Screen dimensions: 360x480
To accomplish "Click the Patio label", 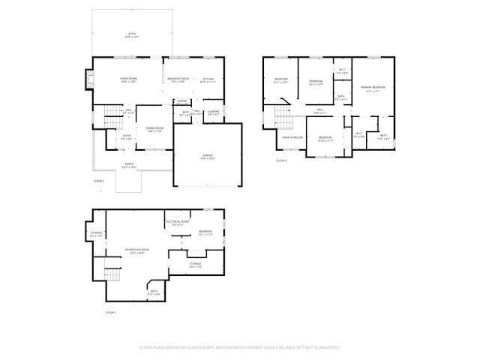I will tap(132, 35).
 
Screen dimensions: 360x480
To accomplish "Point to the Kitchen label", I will tap(208, 80).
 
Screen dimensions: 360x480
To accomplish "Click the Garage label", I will tap(207, 157).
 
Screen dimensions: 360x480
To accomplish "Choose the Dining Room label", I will tap(154, 130).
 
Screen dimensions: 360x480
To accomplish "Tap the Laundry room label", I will tap(213, 112).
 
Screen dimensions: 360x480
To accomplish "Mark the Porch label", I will tap(130, 166).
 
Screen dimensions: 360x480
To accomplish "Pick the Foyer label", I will tap(127, 137).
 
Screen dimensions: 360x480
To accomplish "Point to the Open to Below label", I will tap(292, 138).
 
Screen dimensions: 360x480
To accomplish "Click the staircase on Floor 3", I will tap(281, 117).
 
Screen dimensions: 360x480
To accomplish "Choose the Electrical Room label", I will tap(176, 223).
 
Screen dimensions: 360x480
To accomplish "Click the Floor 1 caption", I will tap(110, 312).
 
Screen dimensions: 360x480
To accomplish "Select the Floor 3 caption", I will tap(281, 160).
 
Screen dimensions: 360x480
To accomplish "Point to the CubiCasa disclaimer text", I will tap(240, 347).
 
